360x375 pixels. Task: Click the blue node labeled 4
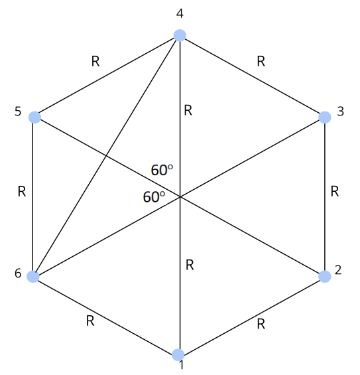(x=180, y=35)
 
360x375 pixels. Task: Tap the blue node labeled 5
(x=34, y=117)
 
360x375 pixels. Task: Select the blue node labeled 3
(x=325, y=117)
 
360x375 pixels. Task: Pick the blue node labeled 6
(x=33, y=277)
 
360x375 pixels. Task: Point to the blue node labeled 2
(x=325, y=277)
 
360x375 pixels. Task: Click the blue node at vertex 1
(x=178, y=354)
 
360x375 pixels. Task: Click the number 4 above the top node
(x=180, y=13)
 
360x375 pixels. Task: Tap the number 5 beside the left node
(x=18, y=112)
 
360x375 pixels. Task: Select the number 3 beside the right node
(x=341, y=112)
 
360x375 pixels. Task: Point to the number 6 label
(x=18, y=273)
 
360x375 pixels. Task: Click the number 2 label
(x=338, y=270)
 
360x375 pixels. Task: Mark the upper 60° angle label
(x=162, y=170)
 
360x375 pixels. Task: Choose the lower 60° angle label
(x=154, y=197)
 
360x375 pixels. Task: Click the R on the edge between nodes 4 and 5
(x=95, y=62)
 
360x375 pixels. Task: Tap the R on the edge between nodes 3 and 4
(x=261, y=62)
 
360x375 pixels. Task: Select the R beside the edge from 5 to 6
(x=22, y=192)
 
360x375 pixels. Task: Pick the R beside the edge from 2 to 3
(x=335, y=192)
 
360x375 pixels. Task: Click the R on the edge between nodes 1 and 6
(x=90, y=321)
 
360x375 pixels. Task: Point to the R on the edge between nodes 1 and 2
(x=261, y=324)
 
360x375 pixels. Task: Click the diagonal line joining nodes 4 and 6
(x=106, y=156)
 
